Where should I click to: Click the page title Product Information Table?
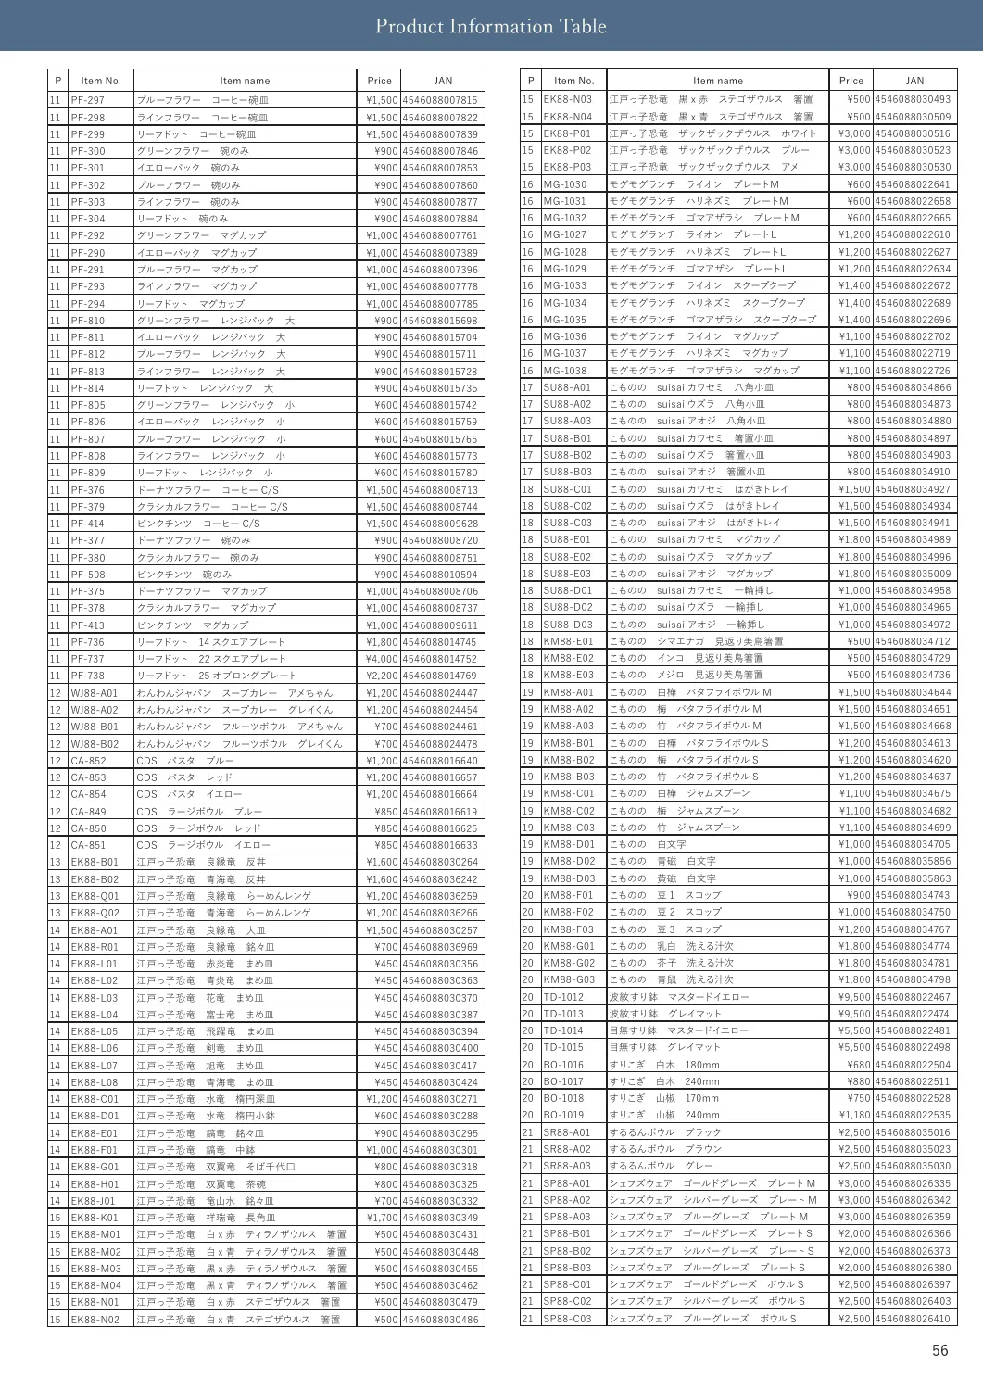[x=491, y=26]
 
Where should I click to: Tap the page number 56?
[x=940, y=1350]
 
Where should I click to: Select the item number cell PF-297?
[x=88, y=100]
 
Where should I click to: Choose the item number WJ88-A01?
[x=95, y=693]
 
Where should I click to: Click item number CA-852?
[x=89, y=761]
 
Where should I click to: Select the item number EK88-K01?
[x=95, y=1218]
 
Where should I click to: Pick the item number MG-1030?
[x=564, y=184]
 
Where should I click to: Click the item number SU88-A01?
[x=567, y=387]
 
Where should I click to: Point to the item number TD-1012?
[x=563, y=997]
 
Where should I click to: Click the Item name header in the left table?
[x=245, y=81]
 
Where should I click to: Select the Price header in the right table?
[x=851, y=81]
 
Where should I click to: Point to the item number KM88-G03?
[x=569, y=979]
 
